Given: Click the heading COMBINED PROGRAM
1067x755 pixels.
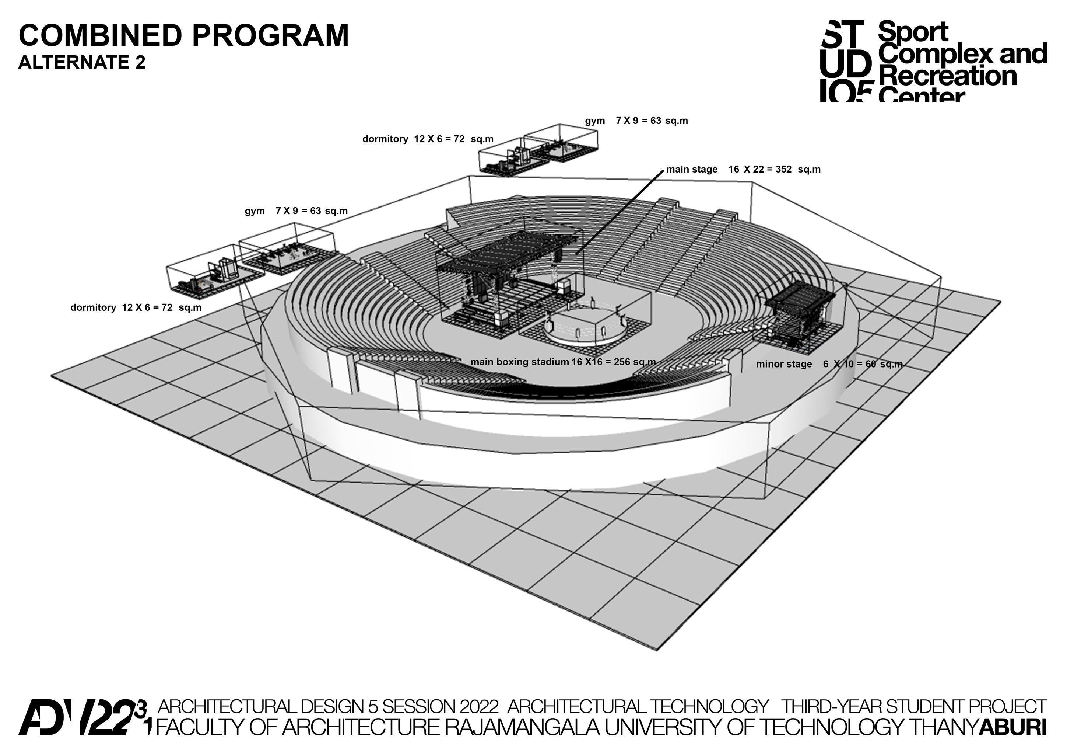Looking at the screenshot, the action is (183, 35).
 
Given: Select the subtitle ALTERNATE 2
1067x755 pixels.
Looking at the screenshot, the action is (82, 62).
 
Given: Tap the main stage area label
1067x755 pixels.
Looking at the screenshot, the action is (743, 169).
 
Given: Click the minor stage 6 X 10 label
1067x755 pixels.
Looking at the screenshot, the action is (829, 364).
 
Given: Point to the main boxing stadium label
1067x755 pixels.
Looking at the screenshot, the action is (563, 362).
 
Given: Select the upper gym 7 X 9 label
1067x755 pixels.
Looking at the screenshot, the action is (636, 121).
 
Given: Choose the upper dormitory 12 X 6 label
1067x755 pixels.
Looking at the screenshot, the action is (428, 139).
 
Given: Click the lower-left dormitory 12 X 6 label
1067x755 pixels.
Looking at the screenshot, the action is (136, 307).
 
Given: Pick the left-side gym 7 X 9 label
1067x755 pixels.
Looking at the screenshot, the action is (296, 211).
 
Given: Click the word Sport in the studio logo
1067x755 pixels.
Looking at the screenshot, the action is (913, 32).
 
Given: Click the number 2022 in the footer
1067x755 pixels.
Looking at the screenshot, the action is (479, 707).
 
